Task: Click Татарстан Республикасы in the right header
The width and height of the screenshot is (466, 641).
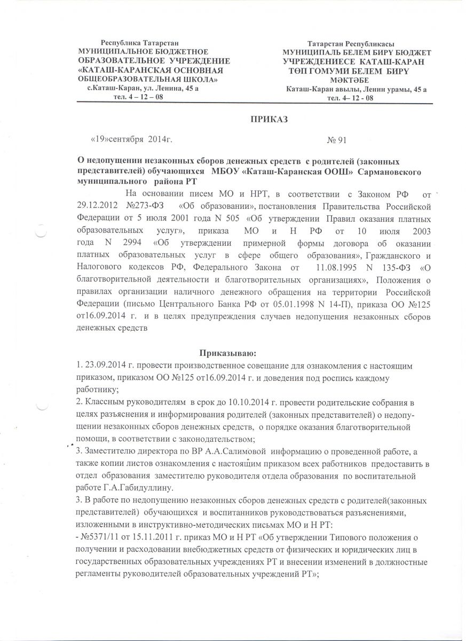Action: pos(350,43)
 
